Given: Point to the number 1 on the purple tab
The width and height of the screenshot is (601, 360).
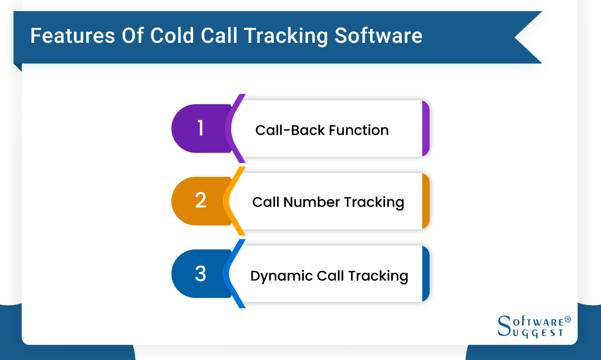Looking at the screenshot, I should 201,129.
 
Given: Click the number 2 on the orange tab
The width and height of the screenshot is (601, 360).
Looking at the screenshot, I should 201,201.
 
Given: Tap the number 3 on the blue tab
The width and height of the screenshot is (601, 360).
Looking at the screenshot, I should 201,274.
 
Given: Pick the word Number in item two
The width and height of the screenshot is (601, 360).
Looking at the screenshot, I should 312,202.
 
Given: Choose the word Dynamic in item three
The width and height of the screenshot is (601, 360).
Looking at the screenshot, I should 282,276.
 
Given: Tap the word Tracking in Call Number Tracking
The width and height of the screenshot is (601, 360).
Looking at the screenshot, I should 374,202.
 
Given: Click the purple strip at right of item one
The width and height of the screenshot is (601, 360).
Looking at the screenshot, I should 426,129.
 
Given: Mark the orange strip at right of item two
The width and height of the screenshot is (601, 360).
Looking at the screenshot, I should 426,201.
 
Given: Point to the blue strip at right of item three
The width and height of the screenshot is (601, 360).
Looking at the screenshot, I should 426,274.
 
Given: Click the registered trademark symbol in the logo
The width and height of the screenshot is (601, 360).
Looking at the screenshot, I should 568,320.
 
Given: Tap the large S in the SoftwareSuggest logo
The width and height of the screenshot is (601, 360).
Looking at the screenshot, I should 504,326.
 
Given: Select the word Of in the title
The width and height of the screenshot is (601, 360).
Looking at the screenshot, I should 130,36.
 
